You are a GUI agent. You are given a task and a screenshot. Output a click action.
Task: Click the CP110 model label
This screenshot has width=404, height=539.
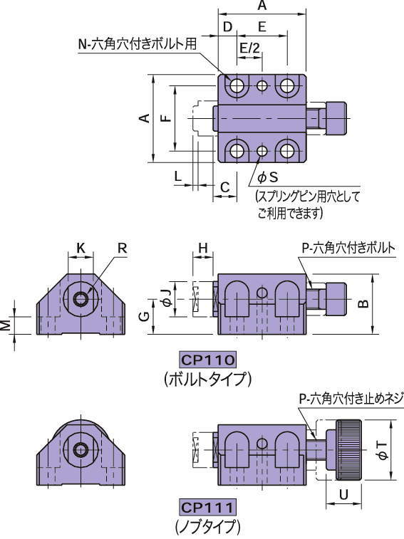coord(207,359)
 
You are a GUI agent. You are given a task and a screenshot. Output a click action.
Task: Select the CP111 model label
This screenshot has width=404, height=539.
coord(207,508)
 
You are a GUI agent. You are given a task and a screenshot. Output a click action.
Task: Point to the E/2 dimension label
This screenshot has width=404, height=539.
coord(250,48)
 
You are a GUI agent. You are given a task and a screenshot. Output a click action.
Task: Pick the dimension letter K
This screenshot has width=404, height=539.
coord(81,248)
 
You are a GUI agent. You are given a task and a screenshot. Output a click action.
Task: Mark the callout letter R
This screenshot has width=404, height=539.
coord(122,248)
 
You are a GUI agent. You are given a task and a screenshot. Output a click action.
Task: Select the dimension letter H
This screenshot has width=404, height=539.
coord(203,248)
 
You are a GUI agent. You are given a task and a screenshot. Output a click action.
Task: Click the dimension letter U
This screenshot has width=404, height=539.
coord(344,493)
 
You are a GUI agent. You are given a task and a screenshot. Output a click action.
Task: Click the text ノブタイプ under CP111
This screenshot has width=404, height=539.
coord(207,528)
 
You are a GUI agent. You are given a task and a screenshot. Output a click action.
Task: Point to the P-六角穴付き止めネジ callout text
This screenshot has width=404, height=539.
coord(348,399)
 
